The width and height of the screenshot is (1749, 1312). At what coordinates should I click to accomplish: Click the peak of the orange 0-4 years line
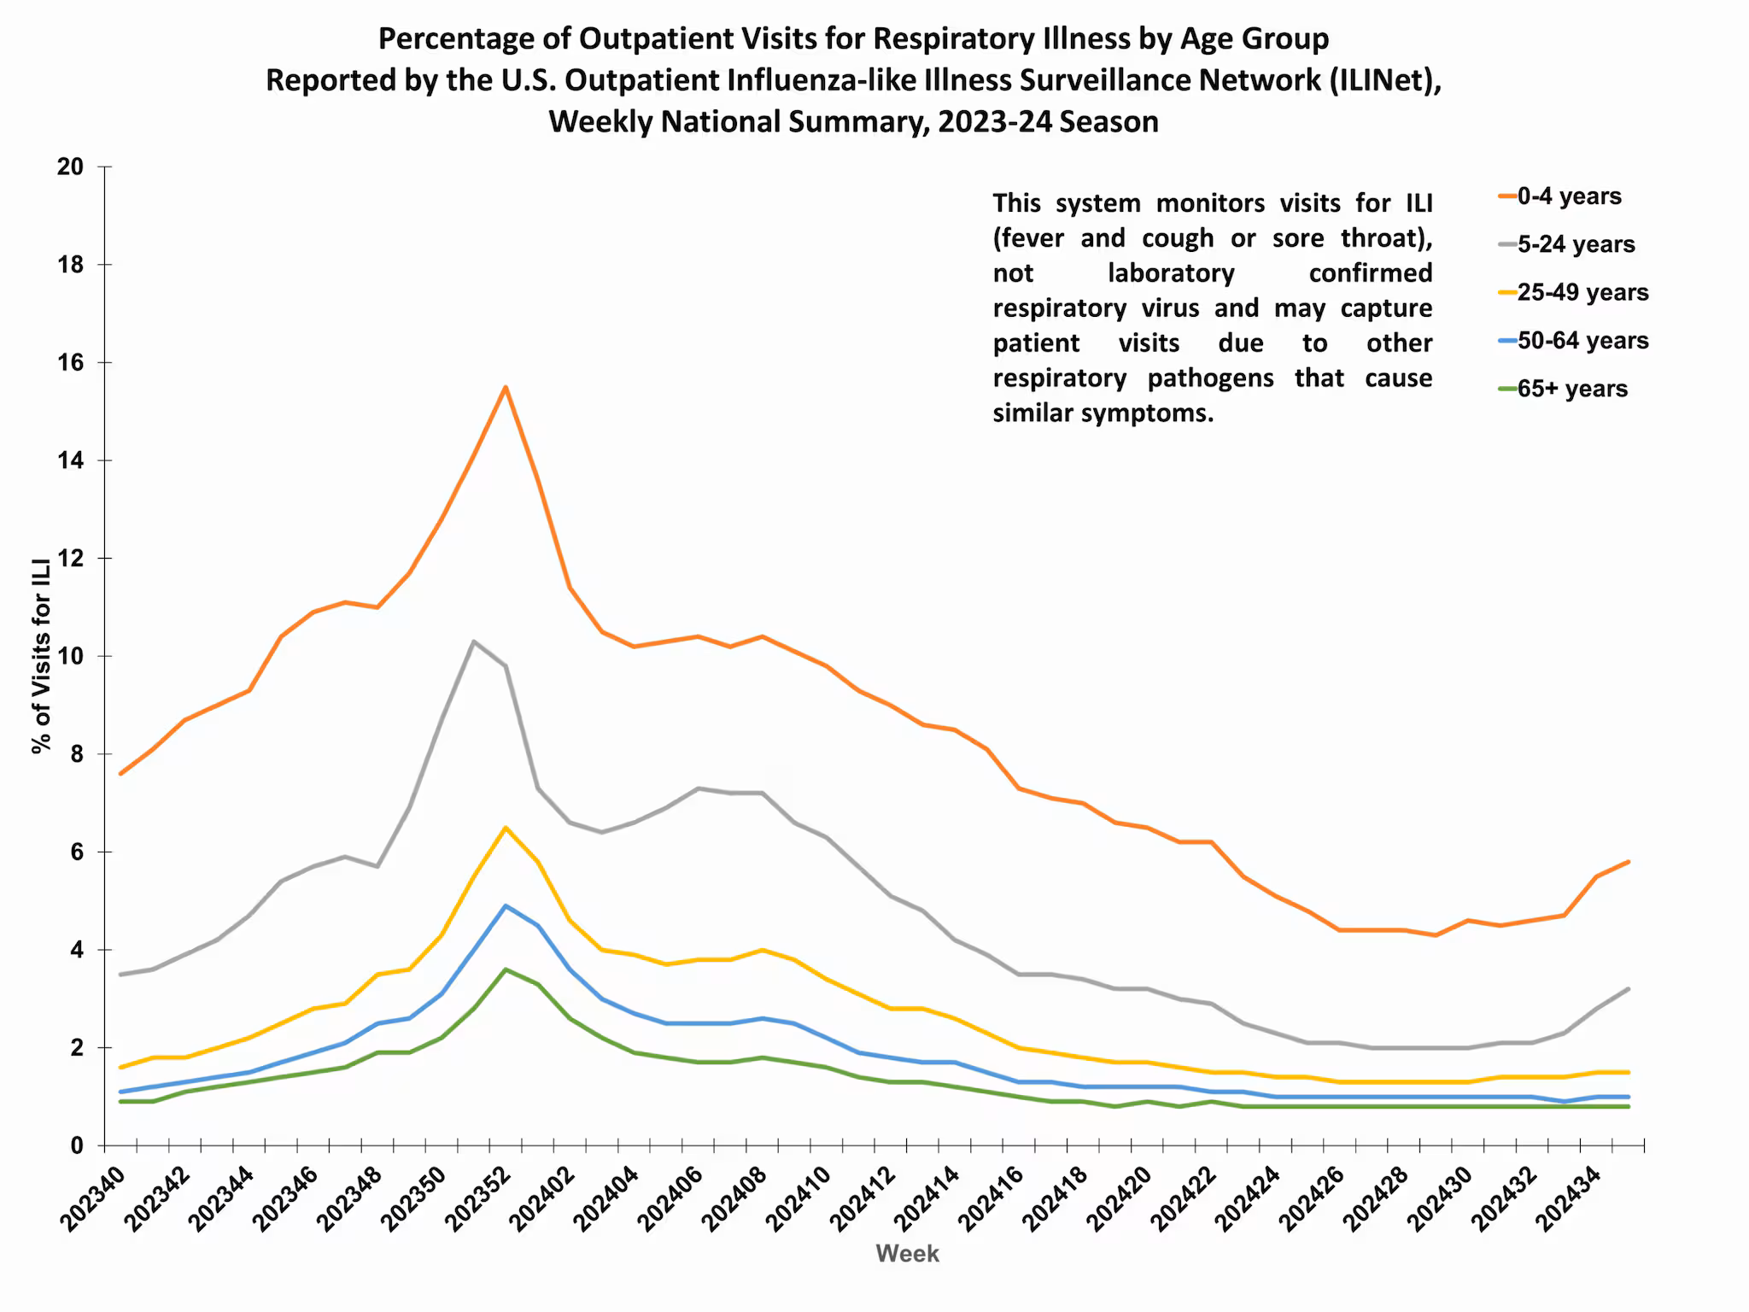(506, 387)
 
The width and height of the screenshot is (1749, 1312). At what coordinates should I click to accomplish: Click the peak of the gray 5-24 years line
(473, 641)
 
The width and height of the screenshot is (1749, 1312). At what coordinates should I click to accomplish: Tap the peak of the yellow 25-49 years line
(506, 828)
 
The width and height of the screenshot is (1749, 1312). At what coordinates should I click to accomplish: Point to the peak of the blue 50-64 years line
(506, 905)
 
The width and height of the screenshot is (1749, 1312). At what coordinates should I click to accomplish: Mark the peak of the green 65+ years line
(506, 969)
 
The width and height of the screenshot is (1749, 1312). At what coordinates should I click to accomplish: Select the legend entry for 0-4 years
(1568, 196)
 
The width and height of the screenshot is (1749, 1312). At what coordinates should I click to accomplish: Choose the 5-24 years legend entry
(1575, 244)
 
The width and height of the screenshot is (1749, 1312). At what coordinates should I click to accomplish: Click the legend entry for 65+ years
(1571, 389)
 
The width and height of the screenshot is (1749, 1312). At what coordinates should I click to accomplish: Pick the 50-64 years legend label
(1582, 341)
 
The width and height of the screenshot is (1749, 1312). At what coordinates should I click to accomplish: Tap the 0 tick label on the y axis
(77, 1145)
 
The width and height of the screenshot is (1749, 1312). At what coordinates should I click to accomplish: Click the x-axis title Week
(907, 1254)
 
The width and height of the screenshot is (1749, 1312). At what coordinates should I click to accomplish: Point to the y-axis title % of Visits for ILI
(41, 656)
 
